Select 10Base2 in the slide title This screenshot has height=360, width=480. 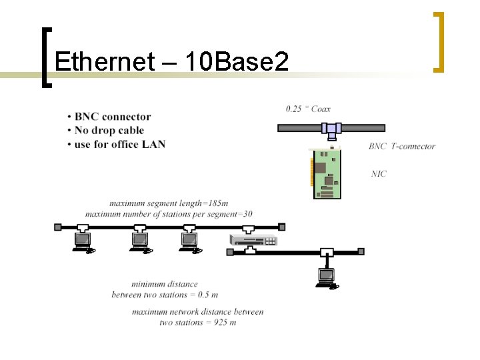(237, 62)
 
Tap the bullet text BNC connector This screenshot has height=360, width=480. (113, 117)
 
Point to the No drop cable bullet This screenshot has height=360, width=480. (109, 131)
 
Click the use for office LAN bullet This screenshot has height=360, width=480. (120, 144)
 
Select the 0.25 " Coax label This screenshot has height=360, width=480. (308, 109)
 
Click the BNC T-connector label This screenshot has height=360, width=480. (401, 147)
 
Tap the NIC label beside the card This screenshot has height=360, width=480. (379, 174)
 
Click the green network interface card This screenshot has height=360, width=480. (327, 173)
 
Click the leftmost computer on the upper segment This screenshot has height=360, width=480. (83, 241)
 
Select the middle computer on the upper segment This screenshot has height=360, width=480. (141, 241)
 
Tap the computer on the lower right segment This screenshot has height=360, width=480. (327, 276)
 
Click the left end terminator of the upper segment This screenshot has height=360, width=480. (57, 227)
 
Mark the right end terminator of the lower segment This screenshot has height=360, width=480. (361, 252)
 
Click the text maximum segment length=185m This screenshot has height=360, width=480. (169, 203)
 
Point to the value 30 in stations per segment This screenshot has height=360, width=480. (247, 214)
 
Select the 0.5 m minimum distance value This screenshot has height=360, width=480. (208, 295)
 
